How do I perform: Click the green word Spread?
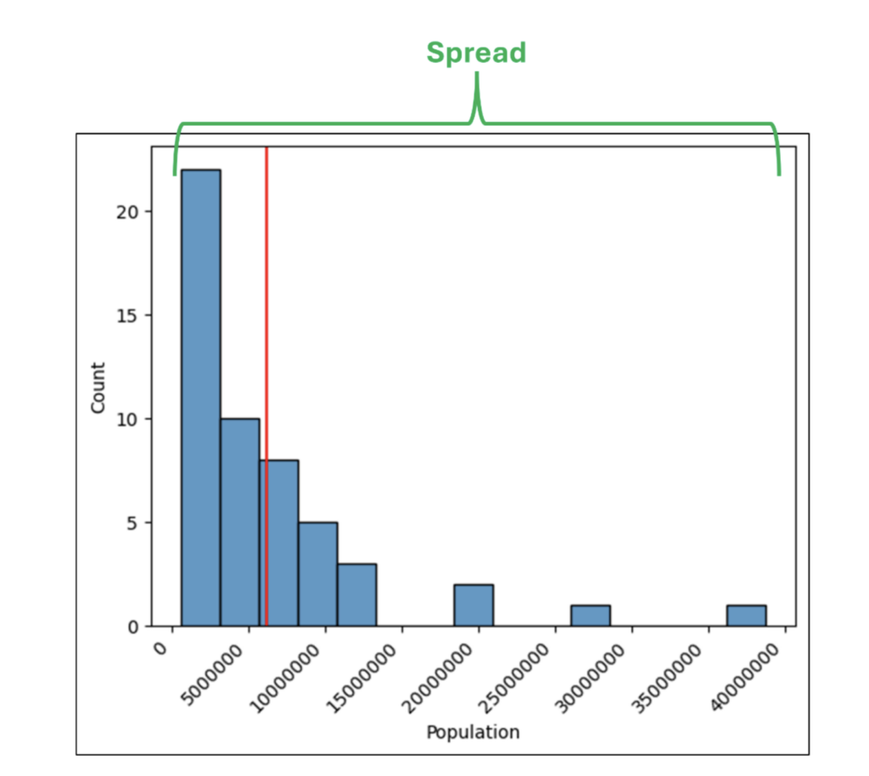point(476,53)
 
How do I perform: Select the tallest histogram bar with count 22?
point(201,398)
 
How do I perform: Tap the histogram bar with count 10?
point(240,522)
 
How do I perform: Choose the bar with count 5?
point(317,574)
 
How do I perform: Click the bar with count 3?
point(356,595)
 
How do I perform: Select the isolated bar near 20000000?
point(474,606)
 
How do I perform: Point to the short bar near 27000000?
point(591,616)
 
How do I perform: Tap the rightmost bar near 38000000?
point(747,616)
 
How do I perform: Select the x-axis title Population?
point(473,731)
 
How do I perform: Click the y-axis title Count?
point(98,388)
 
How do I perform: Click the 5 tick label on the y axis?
point(132,522)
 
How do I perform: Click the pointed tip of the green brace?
point(477,76)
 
